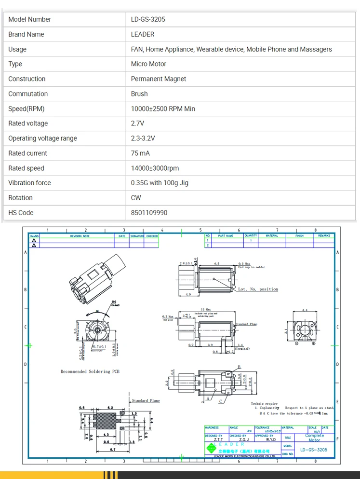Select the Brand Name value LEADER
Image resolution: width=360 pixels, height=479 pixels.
pyautogui.click(x=143, y=34)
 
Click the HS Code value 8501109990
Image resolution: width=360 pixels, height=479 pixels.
pyautogui.click(x=149, y=213)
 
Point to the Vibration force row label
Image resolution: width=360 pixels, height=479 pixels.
pyautogui.click(x=29, y=183)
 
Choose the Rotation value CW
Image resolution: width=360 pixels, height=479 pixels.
pyautogui.click(x=136, y=198)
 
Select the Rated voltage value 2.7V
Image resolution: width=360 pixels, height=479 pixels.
pyautogui.click(x=137, y=123)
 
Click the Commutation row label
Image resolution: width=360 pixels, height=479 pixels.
pyautogui.click(x=28, y=94)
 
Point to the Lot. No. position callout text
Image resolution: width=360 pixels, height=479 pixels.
pyautogui.click(x=258, y=289)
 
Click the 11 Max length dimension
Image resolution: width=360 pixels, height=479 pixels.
pyautogui.click(x=206, y=309)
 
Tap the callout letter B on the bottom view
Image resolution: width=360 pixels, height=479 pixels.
pyautogui.click(x=238, y=367)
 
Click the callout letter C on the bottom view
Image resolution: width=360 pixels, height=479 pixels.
pyautogui.click(x=221, y=401)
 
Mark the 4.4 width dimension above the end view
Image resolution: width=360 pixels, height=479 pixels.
pyautogui.click(x=305, y=310)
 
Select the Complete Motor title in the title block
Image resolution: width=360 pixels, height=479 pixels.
pyautogui.click(x=314, y=438)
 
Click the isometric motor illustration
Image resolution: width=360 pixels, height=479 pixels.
pyautogui.click(x=96, y=280)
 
